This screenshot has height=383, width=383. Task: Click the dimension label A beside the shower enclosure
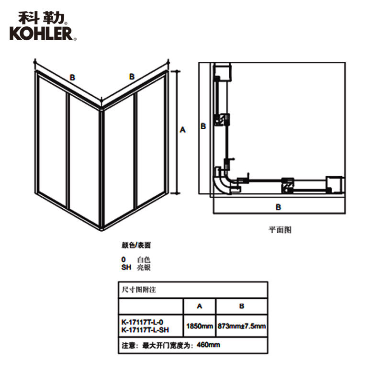coord(182,129)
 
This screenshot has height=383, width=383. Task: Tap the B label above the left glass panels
coord(72,77)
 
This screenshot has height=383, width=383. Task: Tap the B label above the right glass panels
coord(132,77)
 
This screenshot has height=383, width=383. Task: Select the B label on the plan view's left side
coord(203,126)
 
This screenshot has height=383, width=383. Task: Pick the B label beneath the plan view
coord(278,207)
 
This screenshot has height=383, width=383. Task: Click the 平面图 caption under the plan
coord(280,230)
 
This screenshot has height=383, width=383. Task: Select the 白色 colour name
coord(144,259)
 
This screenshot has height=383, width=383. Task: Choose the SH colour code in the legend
coord(126,268)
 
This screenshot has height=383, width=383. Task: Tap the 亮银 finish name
coord(144,268)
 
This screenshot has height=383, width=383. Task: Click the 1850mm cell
coord(199,326)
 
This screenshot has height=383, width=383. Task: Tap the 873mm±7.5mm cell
coord(241,326)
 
